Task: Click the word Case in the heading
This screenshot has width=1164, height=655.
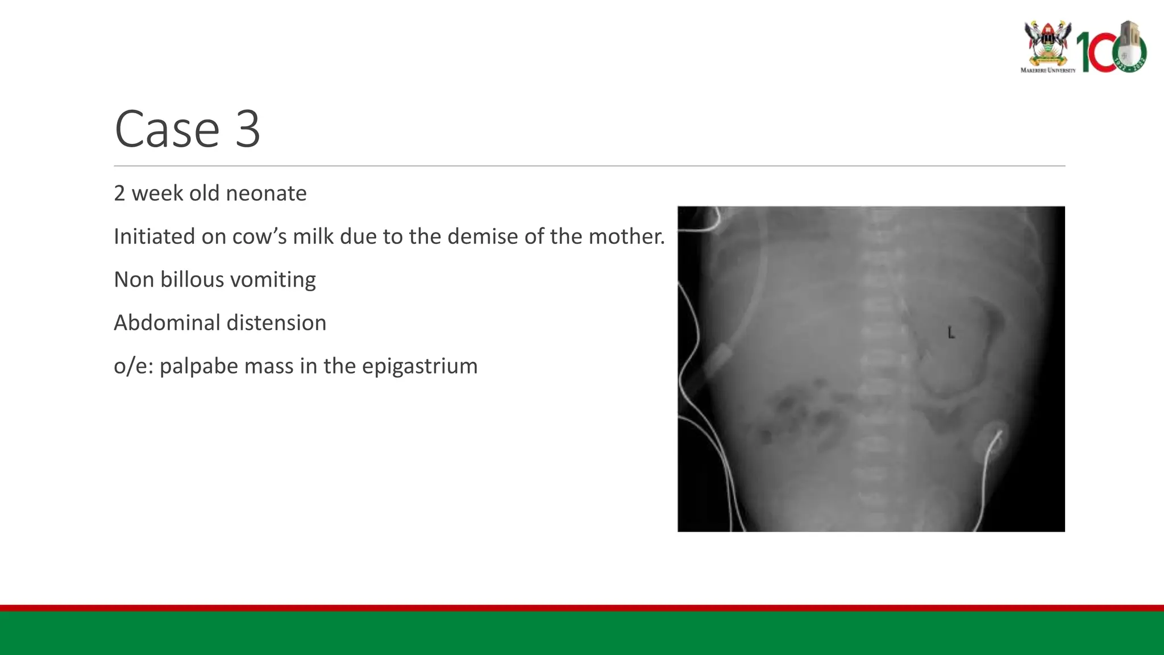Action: (x=167, y=130)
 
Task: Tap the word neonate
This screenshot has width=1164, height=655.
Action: (x=267, y=193)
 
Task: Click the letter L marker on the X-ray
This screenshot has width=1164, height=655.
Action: (x=951, y=333)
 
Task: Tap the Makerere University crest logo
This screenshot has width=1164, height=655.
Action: (x=1047, y=43)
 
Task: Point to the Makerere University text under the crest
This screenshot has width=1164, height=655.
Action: (x=1047, y=71)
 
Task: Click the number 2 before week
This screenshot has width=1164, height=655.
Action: (x=119, y=193)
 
